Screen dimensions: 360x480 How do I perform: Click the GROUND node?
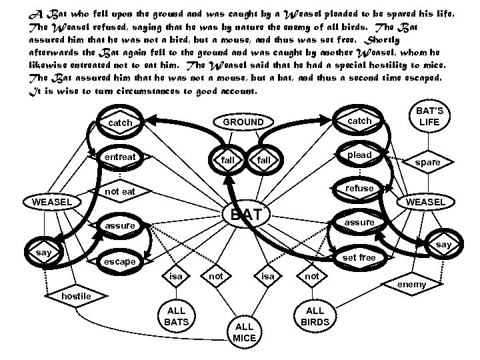pyautogui.click(x=243, y=123)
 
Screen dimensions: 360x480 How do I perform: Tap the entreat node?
pyautogui.click(x=121, y=157)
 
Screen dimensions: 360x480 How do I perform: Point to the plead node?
pyautogui.click(x=360, y=155)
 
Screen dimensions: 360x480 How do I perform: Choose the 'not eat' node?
pyautogui.click(x=121, y=192)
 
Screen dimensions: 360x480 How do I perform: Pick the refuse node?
pyautogui.click(x=360, y=188)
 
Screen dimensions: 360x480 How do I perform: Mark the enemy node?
pyautogui.click(x=411, y=285)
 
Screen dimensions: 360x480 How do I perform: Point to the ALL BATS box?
pyautogui.click(x=177, y=316)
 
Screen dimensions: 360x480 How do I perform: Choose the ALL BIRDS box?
pyautogui.click(x=315, y=316)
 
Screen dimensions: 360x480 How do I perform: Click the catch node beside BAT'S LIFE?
pyautogui.click(x=360, y=121)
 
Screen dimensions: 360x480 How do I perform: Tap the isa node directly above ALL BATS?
pyautogui.click(x=176, y=275)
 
